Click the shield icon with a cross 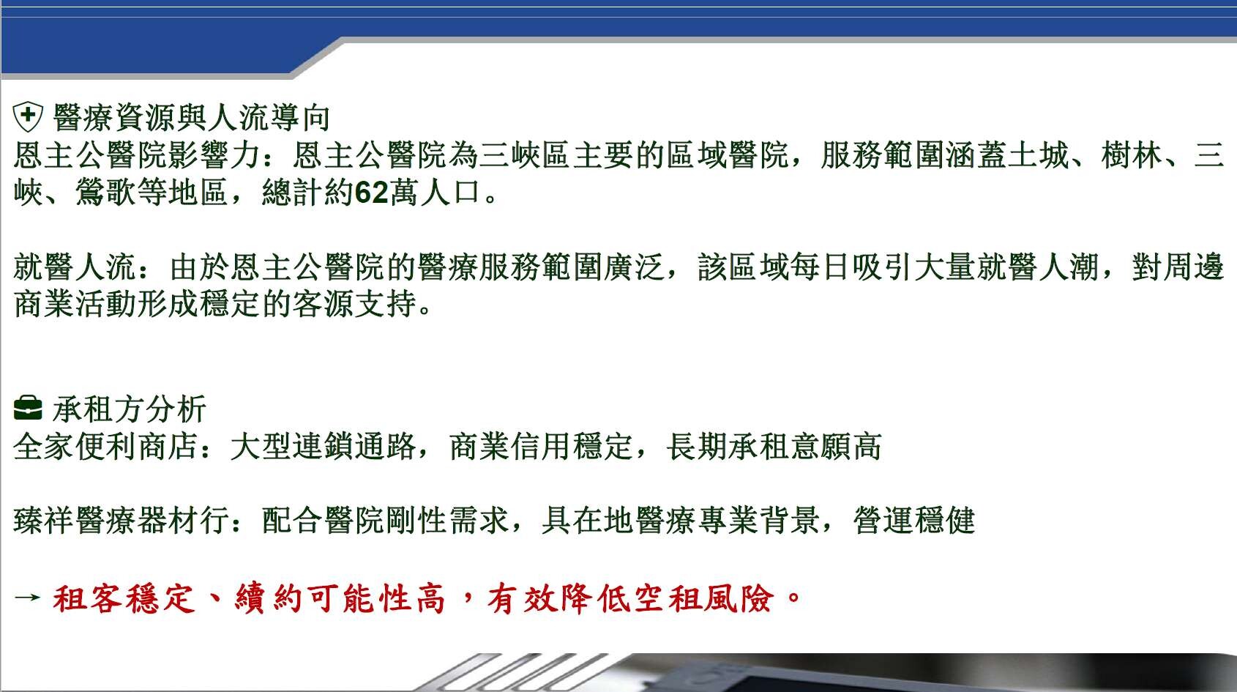(x=28, y=116)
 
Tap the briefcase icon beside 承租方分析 (x=28, y=409)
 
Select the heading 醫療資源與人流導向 (x=192, y=118)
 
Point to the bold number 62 (x=372, y=193)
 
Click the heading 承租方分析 (x=130, y=409)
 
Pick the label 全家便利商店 (x=105, y=446)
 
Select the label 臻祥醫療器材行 (x=121, y=520)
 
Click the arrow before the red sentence (x=27, y=597)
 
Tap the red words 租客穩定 (x=124, y=599)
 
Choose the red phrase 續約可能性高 (x=340, y=599)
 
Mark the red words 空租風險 (x=703, y=599)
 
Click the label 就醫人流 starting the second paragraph (x=75, y=267)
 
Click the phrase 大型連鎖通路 (x=323, y=446)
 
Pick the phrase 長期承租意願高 (x=774, y=446)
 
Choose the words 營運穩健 (x=914, y=520)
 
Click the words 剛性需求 (x=448, y=520)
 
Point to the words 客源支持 (x=354, y=305)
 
